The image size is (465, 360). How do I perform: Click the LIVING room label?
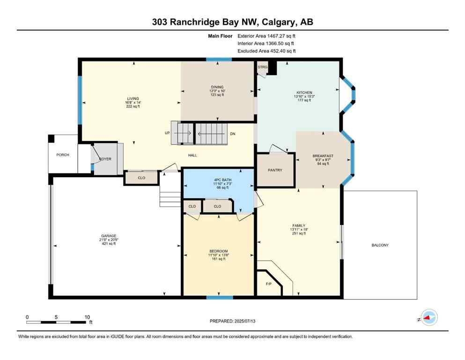tap(133, 98)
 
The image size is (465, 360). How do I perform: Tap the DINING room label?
tap(217, 87)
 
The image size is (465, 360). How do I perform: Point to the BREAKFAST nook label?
tap(323, 156)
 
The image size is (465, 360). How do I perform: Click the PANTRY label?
tap(275, 170)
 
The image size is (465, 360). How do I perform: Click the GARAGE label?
tap(108, 236)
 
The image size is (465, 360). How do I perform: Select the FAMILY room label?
tap(299, 225)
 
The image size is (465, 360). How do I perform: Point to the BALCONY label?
tap(380, 245)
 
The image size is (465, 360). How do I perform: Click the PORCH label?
tap(63, 155)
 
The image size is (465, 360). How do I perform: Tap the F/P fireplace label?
tap(268, 284)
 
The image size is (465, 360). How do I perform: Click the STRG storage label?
tap(262, 67)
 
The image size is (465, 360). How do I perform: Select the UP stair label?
tap(167, 133)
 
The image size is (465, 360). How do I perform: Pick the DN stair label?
tap(232, 134)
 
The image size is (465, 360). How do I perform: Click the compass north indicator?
tap(428, 318)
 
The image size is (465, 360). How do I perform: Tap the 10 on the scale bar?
tap(87, 317)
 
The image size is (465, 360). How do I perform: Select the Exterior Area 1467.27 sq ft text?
tap(266, 36)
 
